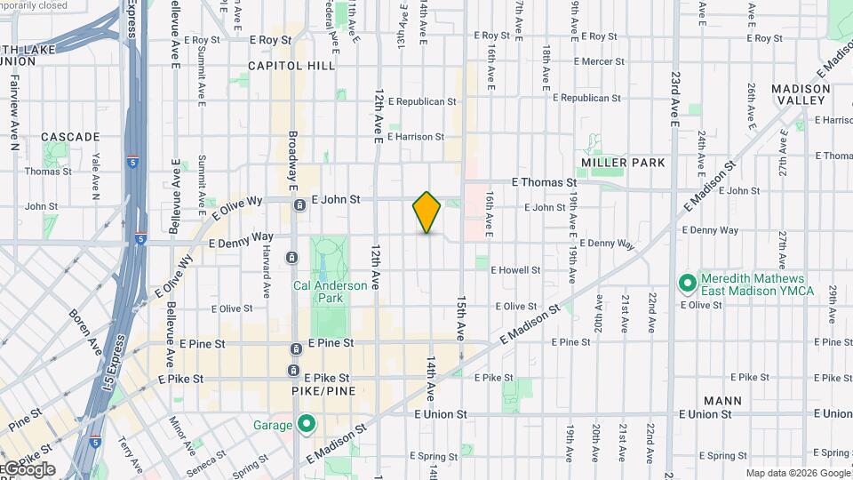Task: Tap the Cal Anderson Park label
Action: tap(331, 292)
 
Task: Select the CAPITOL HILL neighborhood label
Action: tap(291, 66)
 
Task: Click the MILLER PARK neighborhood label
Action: tap(623, 163)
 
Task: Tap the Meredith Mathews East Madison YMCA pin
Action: tap(687, 284)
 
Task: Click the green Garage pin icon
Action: tap(307, 424)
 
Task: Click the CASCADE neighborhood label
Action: tap(70, 137)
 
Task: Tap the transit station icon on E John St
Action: tap(300, 205)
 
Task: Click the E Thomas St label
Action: tap(545, 182)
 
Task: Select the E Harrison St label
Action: tap(415, 137)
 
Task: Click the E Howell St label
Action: tap(515, 269)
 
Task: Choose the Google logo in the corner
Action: tap(28, 469)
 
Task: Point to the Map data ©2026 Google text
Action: tap(798, 474)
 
